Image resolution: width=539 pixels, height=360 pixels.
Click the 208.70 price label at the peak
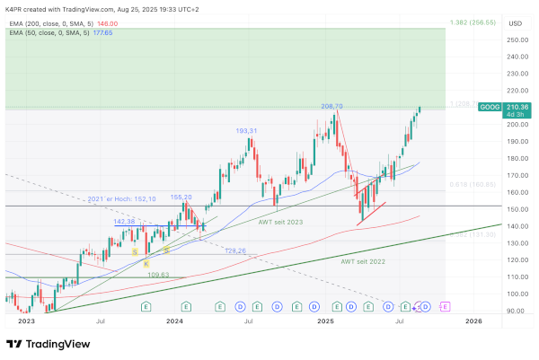[332, 106]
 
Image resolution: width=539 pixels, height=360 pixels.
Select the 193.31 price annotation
[247, 131]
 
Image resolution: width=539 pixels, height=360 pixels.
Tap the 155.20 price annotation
[181, 197]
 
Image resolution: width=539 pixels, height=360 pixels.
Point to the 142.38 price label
[124, 221]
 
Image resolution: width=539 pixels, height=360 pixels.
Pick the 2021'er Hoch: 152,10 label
[122, 199]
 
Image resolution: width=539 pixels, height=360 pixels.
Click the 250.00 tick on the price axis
[515, 40]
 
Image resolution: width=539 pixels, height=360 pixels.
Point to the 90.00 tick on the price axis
[515, 311]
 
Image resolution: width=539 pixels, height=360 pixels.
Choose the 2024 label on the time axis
[174, 320]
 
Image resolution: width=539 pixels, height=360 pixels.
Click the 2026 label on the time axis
[473, 320]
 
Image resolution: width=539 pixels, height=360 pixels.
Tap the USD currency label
[515, 23]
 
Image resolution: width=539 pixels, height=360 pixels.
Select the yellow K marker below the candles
[146, 264]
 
